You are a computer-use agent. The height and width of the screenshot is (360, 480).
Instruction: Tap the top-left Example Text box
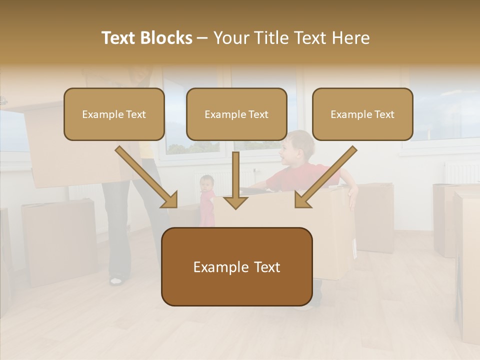[114, 114]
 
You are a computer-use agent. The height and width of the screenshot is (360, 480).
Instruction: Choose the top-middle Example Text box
[236, 114]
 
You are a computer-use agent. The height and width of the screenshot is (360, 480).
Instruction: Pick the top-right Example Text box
[362, 114]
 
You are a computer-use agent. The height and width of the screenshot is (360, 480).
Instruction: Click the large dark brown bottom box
[236, 266]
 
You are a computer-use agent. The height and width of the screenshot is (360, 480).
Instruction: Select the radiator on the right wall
[461, 172]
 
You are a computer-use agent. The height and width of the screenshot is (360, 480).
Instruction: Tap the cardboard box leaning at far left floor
[59, 242]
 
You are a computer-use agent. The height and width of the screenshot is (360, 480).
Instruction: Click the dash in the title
[202, 38]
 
